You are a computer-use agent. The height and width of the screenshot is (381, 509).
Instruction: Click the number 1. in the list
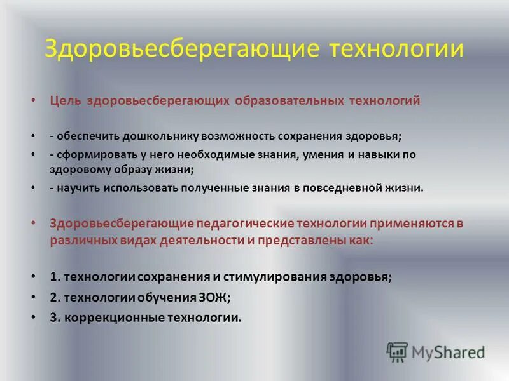[54, 277]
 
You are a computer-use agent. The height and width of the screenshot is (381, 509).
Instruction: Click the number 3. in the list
[54, 317]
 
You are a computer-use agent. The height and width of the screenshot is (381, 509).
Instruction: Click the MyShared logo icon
[398, 351]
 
